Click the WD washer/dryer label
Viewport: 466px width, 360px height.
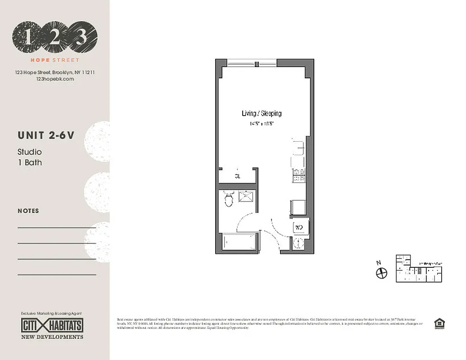[299, 227]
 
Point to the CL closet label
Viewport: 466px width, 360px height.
[237, 176]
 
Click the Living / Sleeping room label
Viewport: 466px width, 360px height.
[262, 113]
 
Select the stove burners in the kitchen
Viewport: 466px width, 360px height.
[299, 175]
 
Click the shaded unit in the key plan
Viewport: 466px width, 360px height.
[420, 271]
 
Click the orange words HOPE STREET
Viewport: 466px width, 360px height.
[55, 60]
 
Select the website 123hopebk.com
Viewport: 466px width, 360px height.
[54, 79]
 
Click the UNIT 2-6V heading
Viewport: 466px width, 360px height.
[45, 135]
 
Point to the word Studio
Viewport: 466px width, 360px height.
[30, 152]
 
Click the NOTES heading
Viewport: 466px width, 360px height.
[28, 211]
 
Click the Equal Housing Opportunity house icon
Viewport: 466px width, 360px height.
[437, 324]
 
